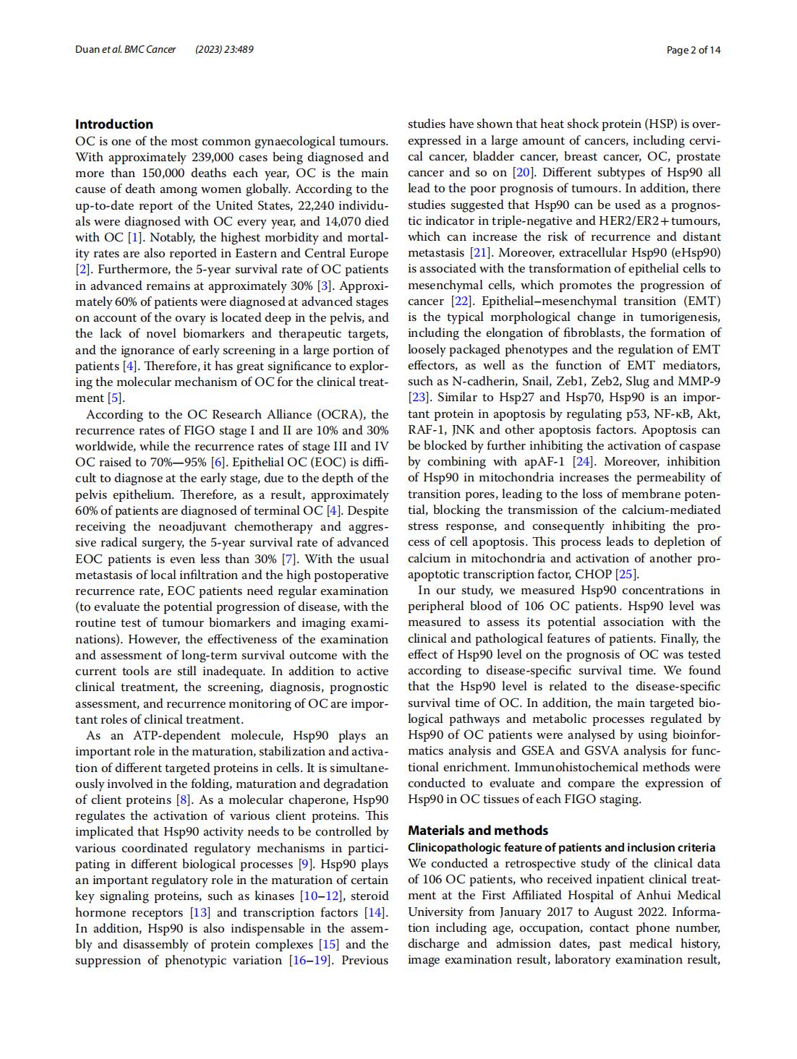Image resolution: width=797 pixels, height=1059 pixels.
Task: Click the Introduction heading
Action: click(x=114, y=124)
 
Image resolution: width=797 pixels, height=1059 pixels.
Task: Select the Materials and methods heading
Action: click(x=478, y=831)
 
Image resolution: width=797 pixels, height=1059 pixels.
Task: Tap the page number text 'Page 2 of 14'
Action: click(x=694, y=50)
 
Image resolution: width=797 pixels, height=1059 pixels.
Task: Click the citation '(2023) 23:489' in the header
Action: click(x=224, y=50)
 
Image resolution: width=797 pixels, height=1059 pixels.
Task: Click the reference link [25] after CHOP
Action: click(x=626, y=574)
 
